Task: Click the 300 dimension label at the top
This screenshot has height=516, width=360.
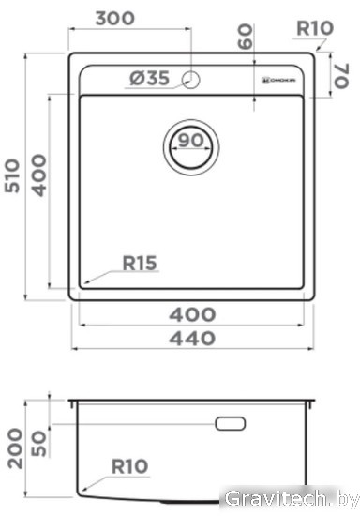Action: [x=114, y=19]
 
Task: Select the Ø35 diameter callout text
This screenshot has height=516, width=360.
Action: [x=150, y=78]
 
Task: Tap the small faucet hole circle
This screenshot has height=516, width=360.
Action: [x=191, y=80]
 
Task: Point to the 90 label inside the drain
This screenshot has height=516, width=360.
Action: [x=190, y=141]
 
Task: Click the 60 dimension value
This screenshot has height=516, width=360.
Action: [x=246, y=37]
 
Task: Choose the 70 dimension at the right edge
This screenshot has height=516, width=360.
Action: [x=341, y=76]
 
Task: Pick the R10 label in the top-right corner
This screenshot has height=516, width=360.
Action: [x=315, y=28]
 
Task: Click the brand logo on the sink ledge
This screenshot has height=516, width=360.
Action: [x=278, y=81]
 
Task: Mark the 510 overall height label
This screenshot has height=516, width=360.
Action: [x=12, y=175]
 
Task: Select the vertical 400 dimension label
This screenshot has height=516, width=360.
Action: [x=38, y=175]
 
